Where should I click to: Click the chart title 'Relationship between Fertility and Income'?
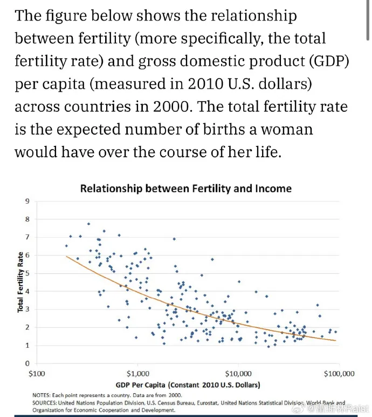[x=185, y=189]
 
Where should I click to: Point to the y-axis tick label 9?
[x=27, y=201]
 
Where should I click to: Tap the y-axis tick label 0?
[x=27, y=364]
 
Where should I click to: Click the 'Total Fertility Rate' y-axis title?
[x=20, y=281]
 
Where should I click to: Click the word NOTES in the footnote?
[x=42, y=395]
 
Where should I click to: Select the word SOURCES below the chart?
[x=45, y=402]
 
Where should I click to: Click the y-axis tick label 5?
[x=27, y=273]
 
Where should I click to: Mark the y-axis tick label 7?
[x=27, y=238]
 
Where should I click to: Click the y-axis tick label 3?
[x=27, y=310]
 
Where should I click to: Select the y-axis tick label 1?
[x=27, y=346]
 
